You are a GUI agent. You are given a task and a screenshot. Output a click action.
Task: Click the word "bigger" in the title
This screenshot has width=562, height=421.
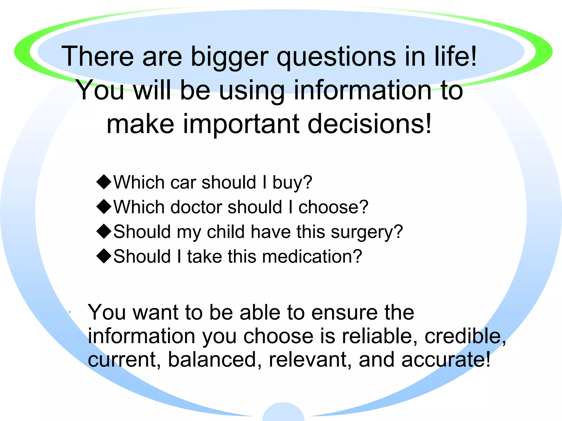[229, 57]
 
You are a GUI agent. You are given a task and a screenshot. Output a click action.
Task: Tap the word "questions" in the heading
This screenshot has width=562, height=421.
[336, 57]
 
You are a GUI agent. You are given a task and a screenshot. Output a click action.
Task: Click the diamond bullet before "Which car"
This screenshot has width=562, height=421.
[104, 182]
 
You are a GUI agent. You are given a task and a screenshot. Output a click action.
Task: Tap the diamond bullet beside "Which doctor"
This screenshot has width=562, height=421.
[104, 206]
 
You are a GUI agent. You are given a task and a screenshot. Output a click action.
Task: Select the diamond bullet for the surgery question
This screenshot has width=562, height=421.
[104, 231]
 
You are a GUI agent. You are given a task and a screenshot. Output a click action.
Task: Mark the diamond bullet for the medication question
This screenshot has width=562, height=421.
[104, 256]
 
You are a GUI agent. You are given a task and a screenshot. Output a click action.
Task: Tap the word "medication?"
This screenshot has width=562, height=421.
[312, 257]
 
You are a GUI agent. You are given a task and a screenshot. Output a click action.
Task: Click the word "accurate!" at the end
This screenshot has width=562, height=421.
[446, 360]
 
